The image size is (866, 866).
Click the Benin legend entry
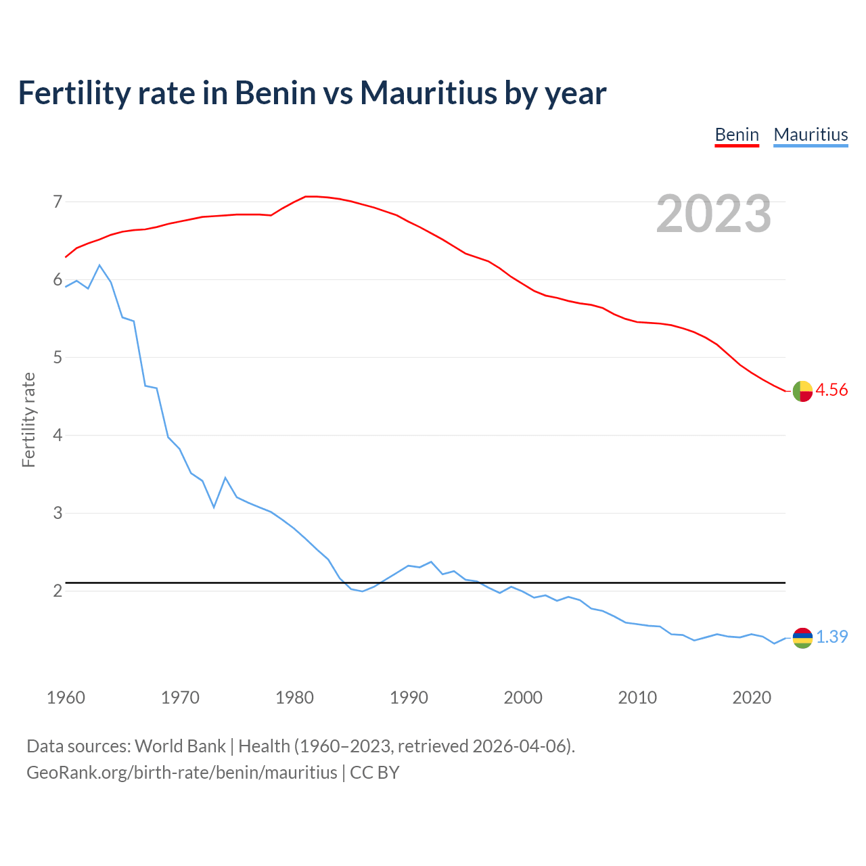[737, 135]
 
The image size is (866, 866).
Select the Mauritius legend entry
[811, 135]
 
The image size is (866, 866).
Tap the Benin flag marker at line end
[802, 391]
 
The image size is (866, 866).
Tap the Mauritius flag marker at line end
[802, 637]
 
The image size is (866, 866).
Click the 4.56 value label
[831, 390]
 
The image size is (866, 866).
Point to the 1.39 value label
[831, 637]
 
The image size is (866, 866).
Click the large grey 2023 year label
[714, 214]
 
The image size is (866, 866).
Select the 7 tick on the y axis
[58, 202]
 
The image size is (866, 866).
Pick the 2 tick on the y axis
[58, 591]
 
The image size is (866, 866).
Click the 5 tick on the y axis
[58, 357]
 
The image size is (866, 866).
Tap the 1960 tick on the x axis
[66, 698]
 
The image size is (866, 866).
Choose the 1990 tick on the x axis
[409, 698]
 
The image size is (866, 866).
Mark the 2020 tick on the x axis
[752, 698]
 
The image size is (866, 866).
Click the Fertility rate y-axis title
[28, 419]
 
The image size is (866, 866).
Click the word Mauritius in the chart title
[428, 93]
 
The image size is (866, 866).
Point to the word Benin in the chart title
[275, 93]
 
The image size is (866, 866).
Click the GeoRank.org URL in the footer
[181, 772]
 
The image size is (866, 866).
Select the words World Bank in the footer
[180, 746]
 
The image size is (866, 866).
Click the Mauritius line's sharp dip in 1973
[214, 507]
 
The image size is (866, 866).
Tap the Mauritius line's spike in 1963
[99, 265]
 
